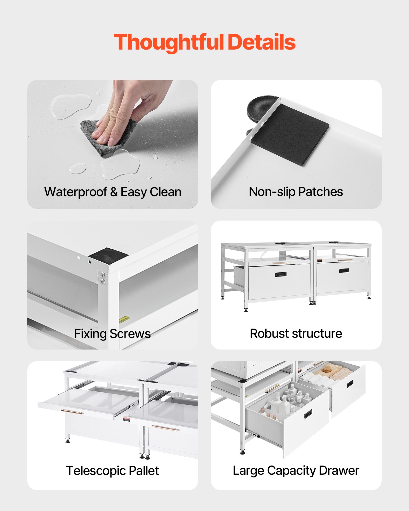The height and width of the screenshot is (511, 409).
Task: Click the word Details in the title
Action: tap(262, 42)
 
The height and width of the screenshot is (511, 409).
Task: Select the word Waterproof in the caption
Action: tap(76, 192)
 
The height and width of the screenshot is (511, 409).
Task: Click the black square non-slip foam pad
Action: tap(290, 134)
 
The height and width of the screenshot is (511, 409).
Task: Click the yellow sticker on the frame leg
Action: tap(124, 319)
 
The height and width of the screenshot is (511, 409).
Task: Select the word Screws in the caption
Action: tap(130, 334)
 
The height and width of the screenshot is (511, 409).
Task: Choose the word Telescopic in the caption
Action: tap(96, 471)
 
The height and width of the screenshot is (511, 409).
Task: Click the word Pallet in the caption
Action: tap(144, 471)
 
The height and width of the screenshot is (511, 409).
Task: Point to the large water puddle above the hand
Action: tap(71, 106)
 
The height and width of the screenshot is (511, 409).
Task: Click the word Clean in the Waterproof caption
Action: tap(166, 192)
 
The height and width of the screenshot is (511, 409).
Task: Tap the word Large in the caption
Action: tap(248, 471)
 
